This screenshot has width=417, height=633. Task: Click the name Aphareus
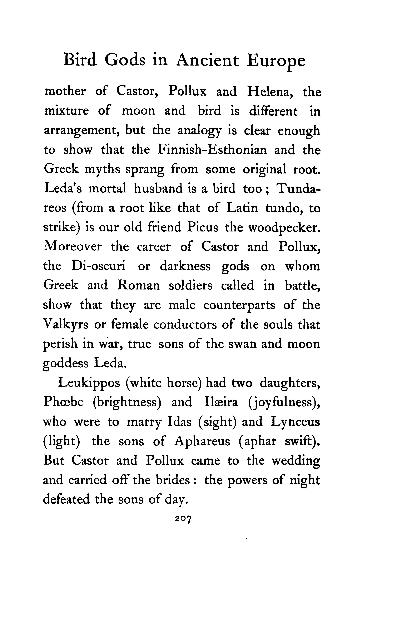(202, 441)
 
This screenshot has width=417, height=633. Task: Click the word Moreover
(72, 246)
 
